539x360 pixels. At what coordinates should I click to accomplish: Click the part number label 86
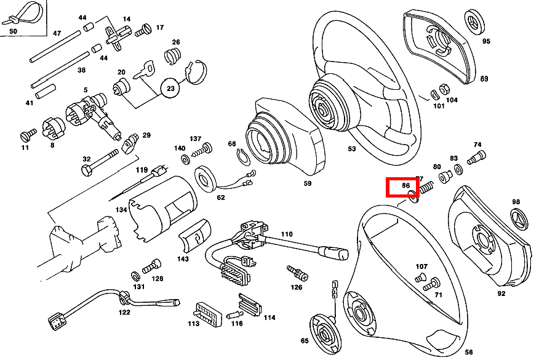click(405, 185)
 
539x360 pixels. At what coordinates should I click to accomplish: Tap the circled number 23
click(171, 89)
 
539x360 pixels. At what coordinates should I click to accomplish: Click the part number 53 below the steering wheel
click(351, 149)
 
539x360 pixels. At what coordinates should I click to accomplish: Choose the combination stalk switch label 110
click(286, 234)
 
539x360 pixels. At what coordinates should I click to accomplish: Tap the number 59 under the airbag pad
click(307, 183)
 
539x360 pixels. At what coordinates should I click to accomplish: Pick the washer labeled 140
click(185, 160)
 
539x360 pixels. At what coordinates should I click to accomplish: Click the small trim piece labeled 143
click(194, 235)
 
